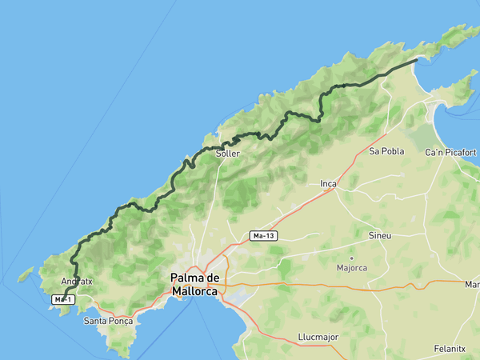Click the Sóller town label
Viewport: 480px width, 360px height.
(227, 153)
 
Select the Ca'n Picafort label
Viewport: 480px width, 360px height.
(450, 152)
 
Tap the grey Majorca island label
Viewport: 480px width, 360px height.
(351, 267)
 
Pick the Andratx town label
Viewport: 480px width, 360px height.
(77, 281)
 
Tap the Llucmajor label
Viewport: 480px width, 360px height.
(317, 337)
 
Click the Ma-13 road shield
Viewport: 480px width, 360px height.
(263, 236)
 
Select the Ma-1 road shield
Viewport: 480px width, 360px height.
(63, 299)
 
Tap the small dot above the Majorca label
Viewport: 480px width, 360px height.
(351, 258)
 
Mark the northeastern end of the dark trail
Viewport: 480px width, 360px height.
(417, 60)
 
